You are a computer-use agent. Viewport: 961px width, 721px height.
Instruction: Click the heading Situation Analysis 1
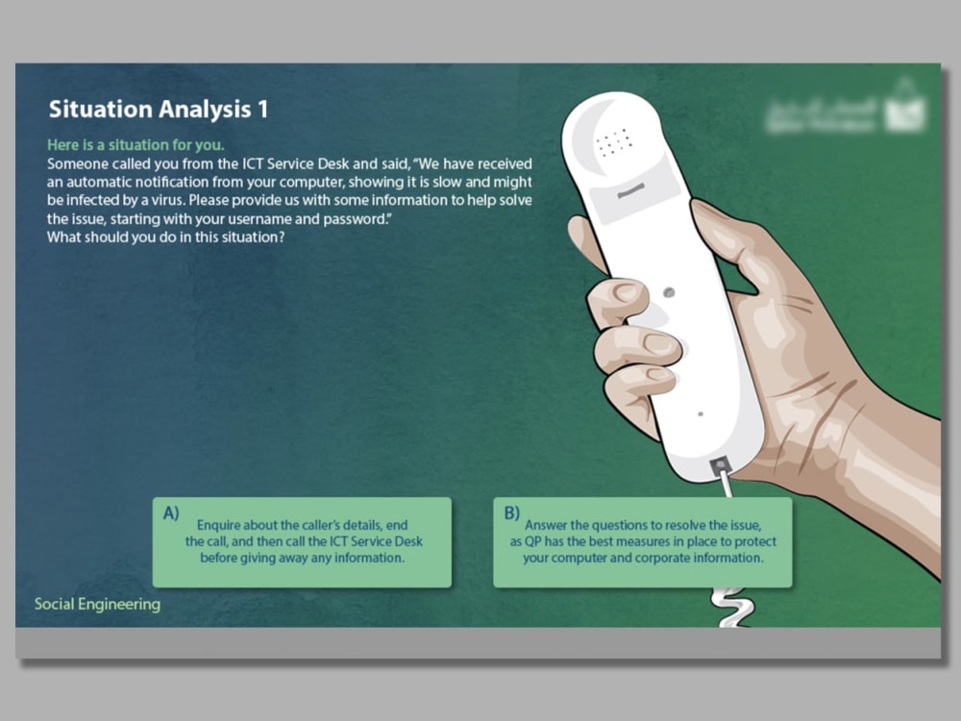(x=159, y=110)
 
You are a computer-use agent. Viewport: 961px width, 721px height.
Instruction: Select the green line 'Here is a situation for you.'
(x=136, y=145)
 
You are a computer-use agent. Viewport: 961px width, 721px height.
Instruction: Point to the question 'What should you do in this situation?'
(x=165, y=238)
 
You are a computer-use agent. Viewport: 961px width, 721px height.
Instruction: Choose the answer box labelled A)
(x=302, y=542)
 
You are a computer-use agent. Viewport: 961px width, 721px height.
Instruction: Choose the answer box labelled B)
(x=642, y=542)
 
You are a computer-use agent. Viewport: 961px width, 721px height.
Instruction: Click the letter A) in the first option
(x=171, y=513)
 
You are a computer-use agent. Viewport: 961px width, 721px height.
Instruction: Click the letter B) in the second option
(x=511, y=513)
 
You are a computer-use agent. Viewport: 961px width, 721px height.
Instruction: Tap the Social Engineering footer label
(x=97, y=605)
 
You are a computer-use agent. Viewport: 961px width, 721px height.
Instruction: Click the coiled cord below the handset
(x=728, y=606)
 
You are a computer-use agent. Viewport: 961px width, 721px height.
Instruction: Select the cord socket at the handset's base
(x=720, y=467)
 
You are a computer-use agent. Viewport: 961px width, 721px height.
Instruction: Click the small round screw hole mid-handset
(x=668, y=291)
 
